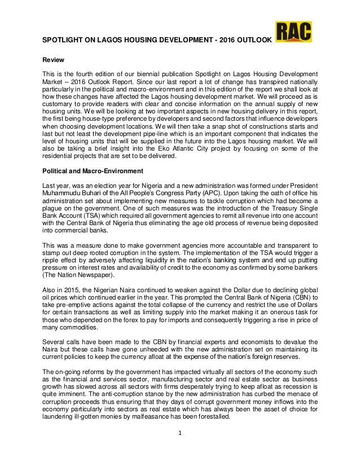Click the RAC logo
point(293,33)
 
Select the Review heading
point(54,60)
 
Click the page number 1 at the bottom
point(179,451)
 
